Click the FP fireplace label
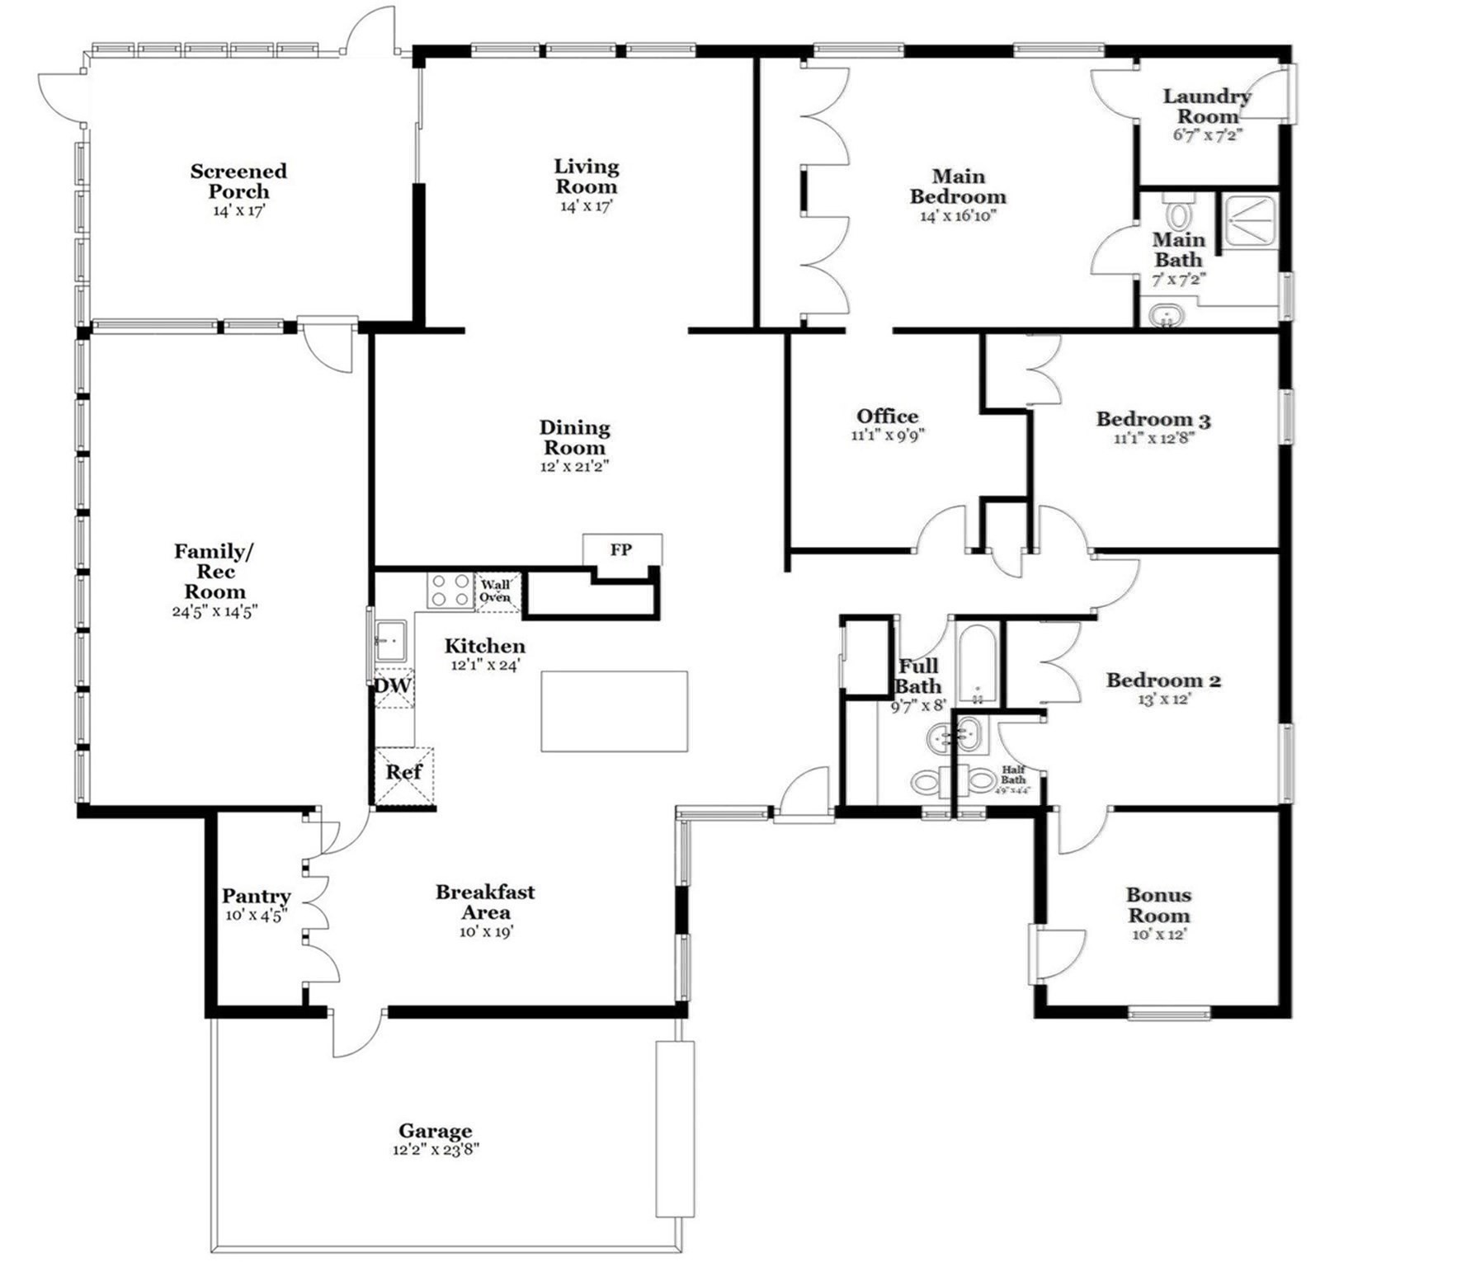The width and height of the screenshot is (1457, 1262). coord(621,550)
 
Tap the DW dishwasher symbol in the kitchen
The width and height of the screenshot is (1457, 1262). coord(394,687)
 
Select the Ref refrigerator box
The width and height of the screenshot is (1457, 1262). coord(403,774)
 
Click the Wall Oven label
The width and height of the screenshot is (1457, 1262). coord(496,591)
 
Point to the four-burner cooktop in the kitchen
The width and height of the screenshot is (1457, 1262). coord(450,590)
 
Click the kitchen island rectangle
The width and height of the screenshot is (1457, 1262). coord(614,711)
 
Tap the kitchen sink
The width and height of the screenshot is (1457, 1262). coord(390,641)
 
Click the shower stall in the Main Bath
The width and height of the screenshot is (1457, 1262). coord(1251,220)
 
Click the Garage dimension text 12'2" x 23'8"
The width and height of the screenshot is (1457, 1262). coord(436,1150)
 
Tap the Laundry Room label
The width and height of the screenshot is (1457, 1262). coord(1207,106)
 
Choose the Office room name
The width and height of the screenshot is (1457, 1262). coord(887,417)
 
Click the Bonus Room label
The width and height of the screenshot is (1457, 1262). coord(1158,905)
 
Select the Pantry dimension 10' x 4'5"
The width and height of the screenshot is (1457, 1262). coord(256,916)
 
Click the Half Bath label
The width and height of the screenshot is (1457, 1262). coord(1013,775)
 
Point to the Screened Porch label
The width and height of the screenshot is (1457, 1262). coord(238,181)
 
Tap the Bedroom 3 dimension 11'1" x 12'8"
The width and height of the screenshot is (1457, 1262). coord(1153,439)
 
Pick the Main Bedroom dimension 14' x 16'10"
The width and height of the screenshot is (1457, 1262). coord(958,216)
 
